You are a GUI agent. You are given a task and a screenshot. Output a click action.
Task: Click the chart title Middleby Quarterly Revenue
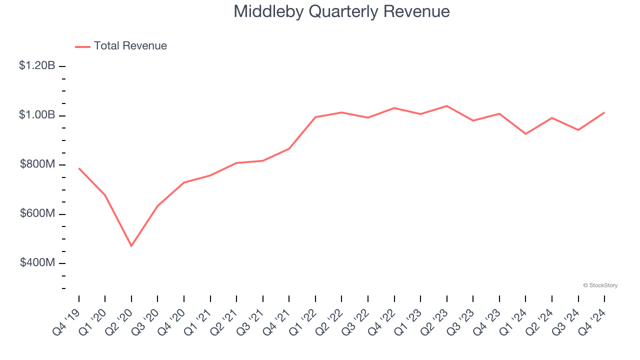pos(341,11)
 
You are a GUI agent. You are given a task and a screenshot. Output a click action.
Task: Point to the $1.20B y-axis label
pos(37,65)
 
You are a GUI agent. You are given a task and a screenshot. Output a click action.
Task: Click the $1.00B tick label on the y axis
pos(37,115)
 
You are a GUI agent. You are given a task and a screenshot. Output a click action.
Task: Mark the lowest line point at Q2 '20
pos(131,246)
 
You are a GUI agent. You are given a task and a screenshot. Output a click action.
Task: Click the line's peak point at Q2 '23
pos(446,106)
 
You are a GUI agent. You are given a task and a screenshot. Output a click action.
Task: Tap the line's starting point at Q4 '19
pos(79,168)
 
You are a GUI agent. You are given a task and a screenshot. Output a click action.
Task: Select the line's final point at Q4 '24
pos(604,112)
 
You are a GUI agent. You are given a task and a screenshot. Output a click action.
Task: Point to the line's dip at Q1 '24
pos(525,134)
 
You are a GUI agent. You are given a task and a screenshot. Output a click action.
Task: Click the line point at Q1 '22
pos(315,117)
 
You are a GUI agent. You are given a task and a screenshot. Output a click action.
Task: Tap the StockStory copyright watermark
pos(600,285)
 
